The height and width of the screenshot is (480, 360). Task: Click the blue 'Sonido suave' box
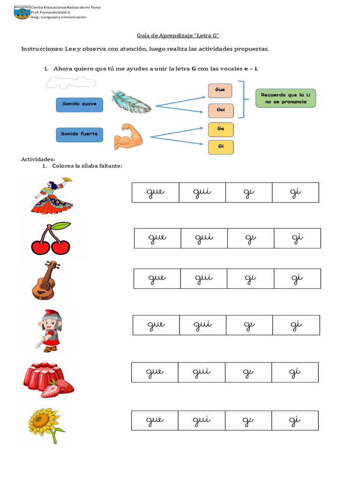79,104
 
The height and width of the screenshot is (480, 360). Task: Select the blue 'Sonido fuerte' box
79,134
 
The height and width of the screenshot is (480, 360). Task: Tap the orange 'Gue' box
220,89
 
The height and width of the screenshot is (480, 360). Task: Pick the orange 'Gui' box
220,110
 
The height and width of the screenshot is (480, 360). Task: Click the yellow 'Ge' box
220,129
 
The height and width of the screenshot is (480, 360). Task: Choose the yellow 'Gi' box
220,147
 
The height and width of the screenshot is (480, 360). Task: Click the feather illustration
131,102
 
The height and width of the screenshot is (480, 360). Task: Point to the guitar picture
45,280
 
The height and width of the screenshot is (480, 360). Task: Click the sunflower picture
46,425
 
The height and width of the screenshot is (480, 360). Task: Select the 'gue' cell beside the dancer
155,193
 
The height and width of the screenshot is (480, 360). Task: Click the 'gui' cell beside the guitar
204,278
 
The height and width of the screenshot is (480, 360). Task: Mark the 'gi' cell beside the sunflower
295,420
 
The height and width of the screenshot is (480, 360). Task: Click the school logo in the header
22,13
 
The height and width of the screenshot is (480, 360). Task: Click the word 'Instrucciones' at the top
44,49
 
